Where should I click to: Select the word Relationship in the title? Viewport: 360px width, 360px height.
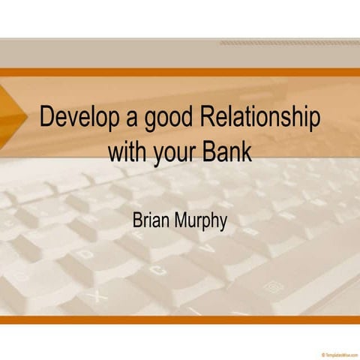click(x=262, y=119)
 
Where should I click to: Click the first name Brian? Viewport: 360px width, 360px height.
click(x=154, y=221)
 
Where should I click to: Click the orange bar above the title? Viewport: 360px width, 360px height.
click(x=180, y=73)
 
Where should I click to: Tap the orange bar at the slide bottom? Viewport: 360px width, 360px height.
click(x=180, y=319)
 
